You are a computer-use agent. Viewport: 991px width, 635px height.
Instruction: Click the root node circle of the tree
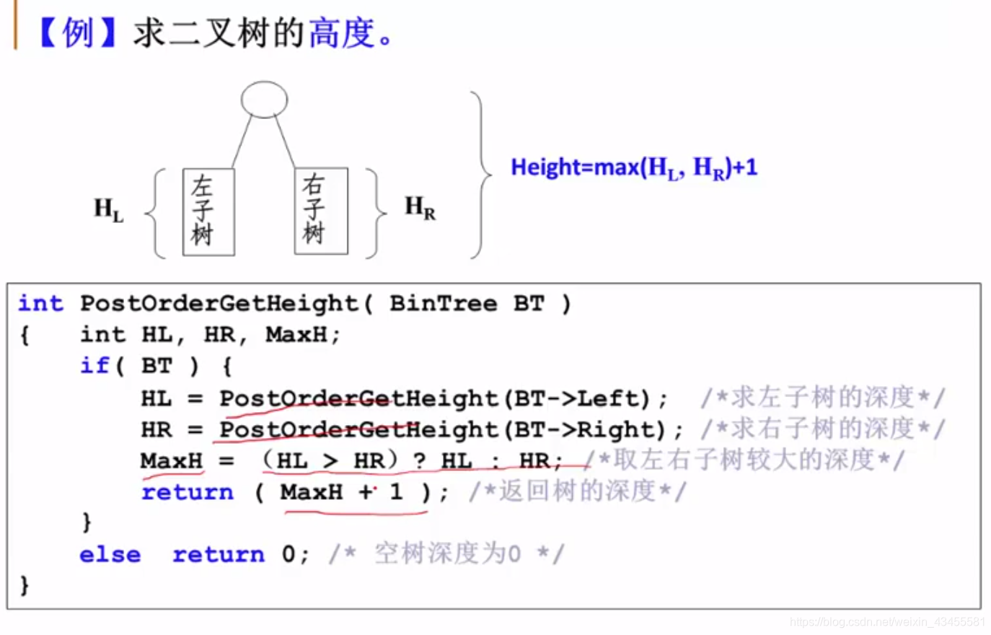pos(264,100)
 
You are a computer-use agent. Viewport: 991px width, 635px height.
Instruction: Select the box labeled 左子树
pos(208,211)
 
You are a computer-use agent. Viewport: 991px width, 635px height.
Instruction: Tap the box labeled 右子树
pos(321,211)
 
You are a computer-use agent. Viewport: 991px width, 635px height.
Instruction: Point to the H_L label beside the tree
pos(108,210)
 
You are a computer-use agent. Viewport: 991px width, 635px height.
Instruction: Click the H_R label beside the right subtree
pos(420,208)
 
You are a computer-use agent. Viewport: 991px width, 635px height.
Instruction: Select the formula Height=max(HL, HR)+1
pos(634,167)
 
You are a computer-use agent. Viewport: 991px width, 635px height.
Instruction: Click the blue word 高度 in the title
pos(342,33)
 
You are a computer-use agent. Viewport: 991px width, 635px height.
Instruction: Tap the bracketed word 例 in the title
pos(78,33)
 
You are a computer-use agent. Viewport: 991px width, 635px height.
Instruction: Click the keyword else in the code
pos(110,554)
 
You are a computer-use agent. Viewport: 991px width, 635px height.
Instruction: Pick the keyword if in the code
pos(94,366)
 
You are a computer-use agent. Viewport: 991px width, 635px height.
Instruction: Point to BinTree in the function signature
pos(443,304)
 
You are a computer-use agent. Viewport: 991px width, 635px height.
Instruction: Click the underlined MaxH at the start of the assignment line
pos(172,460)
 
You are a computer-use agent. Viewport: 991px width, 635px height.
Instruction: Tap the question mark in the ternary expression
pos(419,461)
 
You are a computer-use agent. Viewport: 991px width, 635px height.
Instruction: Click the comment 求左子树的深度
pos(822,398)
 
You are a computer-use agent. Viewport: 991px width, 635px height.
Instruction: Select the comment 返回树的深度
pos(577,491)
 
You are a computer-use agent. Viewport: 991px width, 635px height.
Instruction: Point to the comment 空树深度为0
pos(446,554)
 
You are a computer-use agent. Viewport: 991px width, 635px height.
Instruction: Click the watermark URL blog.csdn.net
pos(887,622)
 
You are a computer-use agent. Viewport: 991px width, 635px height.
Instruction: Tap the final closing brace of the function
pos(25,584)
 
